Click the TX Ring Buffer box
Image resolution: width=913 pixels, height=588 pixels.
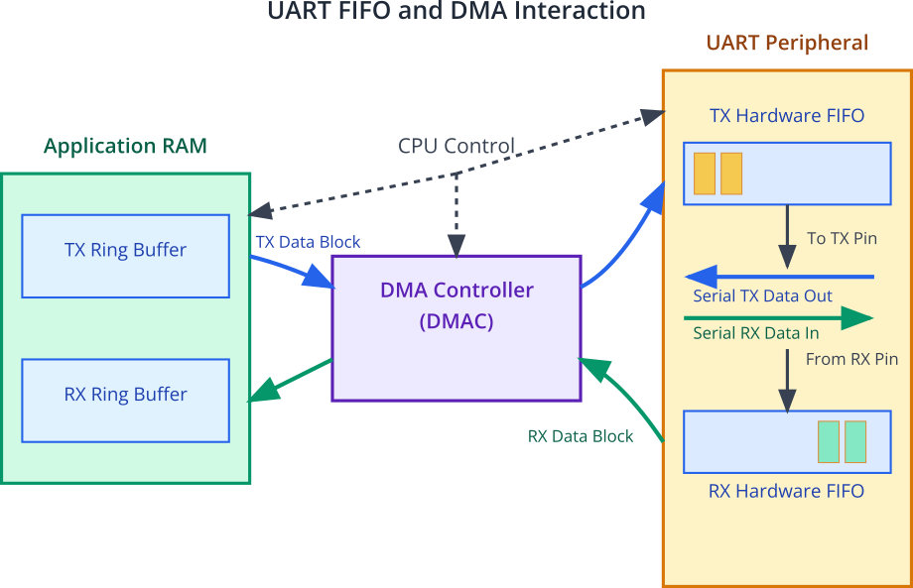pos(126,256)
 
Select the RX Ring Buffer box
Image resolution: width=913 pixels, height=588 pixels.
pos(126,401)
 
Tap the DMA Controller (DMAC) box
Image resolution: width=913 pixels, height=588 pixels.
pos(456,328)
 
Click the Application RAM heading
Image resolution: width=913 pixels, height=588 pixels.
pos(125,146)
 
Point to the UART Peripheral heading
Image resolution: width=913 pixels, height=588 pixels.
pos(787,43)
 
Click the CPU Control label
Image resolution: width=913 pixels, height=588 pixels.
pos(456,146)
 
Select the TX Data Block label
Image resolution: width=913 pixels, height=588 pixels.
pos(308,242)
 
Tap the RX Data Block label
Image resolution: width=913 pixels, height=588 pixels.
pos(581,436)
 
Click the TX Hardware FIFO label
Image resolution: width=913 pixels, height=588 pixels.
pos(787,115)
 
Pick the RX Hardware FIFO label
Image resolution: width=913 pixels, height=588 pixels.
pos(787,491)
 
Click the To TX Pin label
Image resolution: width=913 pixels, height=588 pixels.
pos(842,238)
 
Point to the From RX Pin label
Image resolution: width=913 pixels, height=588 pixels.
pos(851,359)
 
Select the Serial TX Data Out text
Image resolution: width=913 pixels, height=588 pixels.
pos(762,296)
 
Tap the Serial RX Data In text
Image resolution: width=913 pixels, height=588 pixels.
pos(756,333)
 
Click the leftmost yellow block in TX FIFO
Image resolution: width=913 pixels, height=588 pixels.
pos(705,174)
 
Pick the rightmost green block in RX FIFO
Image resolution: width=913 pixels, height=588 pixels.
pos(855,442)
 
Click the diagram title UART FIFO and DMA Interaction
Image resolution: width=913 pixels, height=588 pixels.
pos(456,11)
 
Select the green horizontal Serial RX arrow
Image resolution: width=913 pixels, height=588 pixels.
pos(778,318)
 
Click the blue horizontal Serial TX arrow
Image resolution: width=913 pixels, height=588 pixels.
pos(779,277)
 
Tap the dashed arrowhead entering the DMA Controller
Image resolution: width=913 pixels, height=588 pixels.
pos(456,246)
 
